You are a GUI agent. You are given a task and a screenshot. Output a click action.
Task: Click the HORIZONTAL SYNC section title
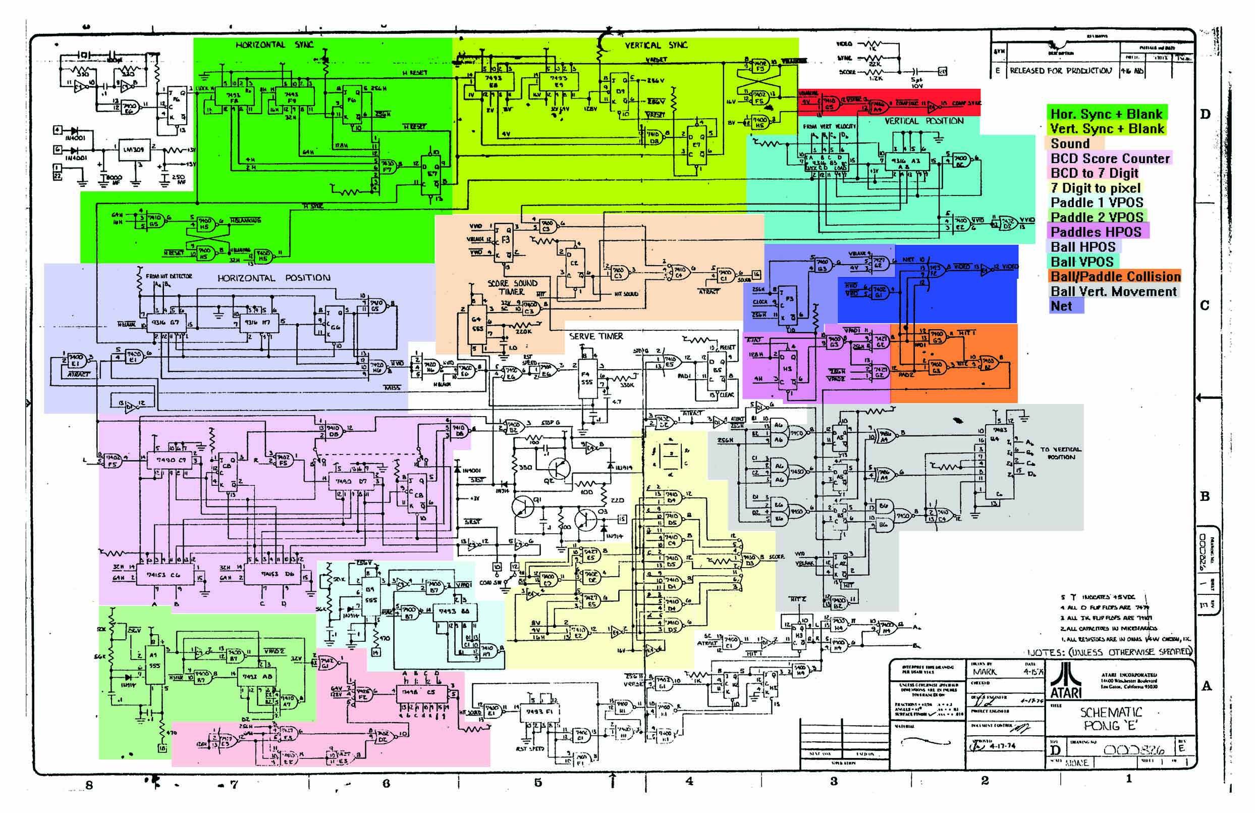click(274, 45)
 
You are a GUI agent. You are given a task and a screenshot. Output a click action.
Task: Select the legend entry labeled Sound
click(1070, 143)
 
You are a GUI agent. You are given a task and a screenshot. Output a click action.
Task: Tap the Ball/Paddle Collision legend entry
click(1115, 276)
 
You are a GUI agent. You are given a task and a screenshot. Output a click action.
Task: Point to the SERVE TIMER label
click(596, 336)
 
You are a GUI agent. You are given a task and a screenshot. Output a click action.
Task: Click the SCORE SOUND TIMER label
click(512, 287)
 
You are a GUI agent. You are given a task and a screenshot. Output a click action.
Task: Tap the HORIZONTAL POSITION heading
click(274, 278)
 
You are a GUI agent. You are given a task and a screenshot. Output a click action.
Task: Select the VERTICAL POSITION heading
click(924, 121)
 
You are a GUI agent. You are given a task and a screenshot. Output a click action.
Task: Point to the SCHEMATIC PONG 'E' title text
click(1111, 719)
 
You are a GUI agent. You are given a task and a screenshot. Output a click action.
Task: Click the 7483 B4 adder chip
click(995, 464)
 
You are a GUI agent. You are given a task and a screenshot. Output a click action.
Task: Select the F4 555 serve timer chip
click(586, 379)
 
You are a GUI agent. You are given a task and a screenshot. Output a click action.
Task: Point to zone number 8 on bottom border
click(89, 785)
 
